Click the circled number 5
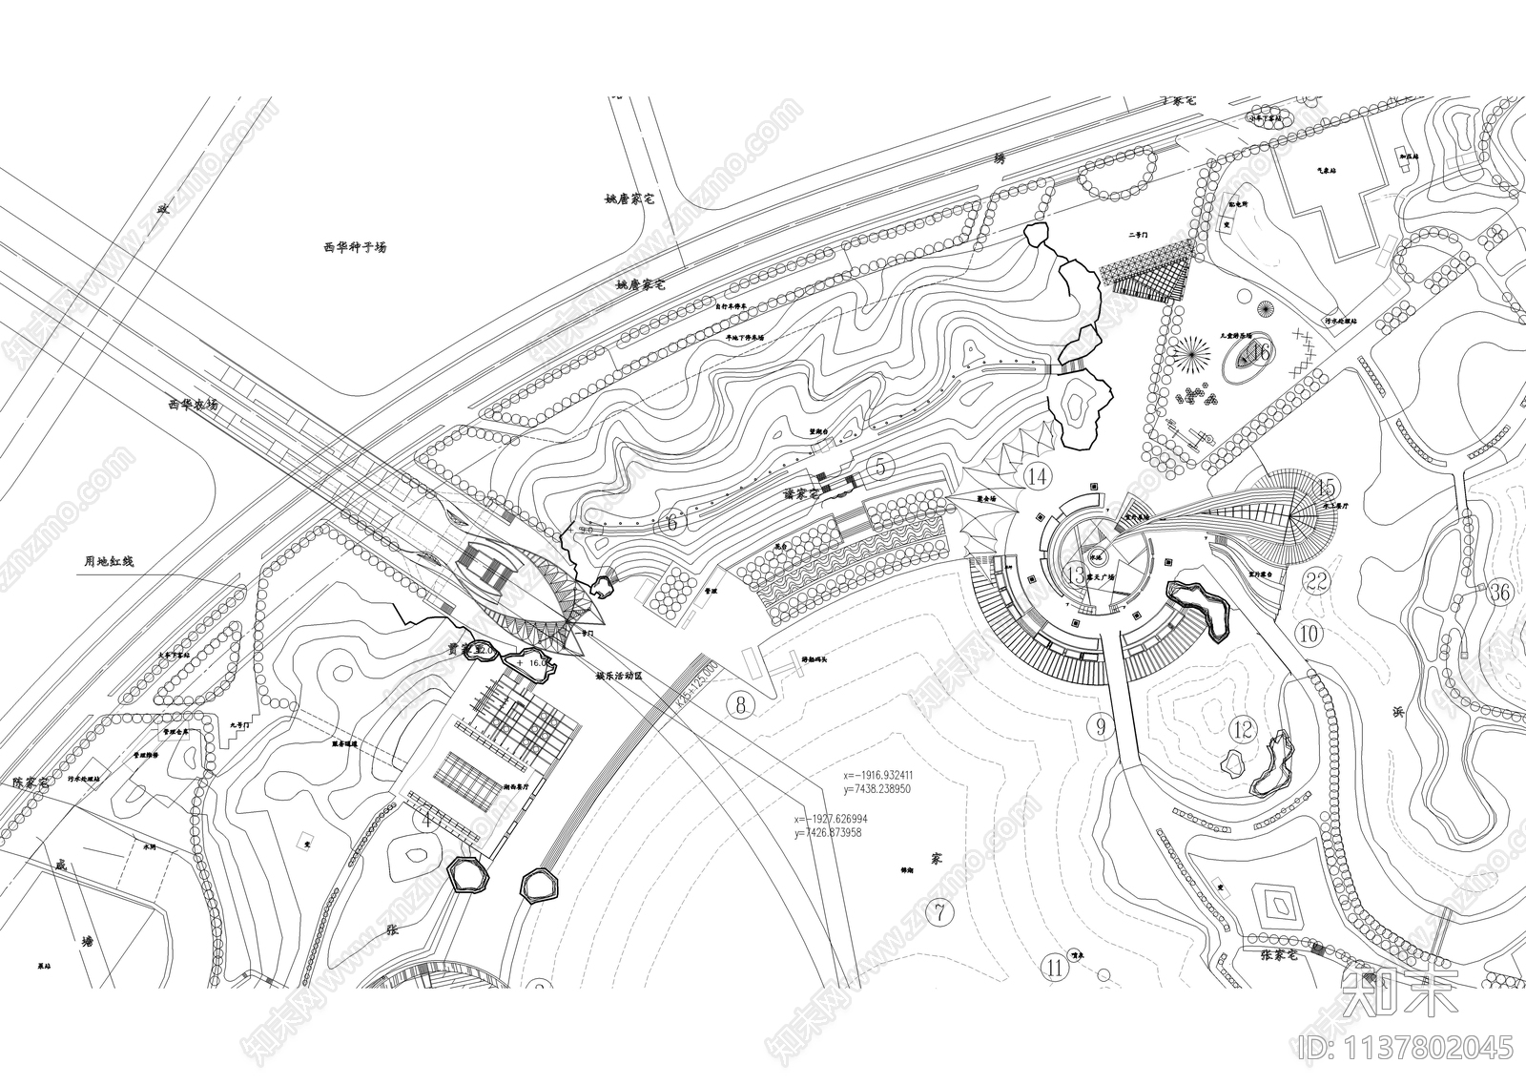point(880,467)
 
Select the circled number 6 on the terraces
point(671,522)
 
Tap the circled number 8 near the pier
point(740,704)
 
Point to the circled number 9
point(1101,727)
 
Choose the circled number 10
point(1309,633)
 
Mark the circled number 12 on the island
point(1243,730)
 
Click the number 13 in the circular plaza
point(1077,575)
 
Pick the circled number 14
point(1037,475)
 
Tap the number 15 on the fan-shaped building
point(1326,489)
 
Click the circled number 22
point(1317,582)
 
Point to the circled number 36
point(1500,593)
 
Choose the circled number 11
point(1054,968)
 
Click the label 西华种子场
point(355,247)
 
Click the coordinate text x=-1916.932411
point(878,775)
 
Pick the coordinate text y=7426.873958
point(827,833)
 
